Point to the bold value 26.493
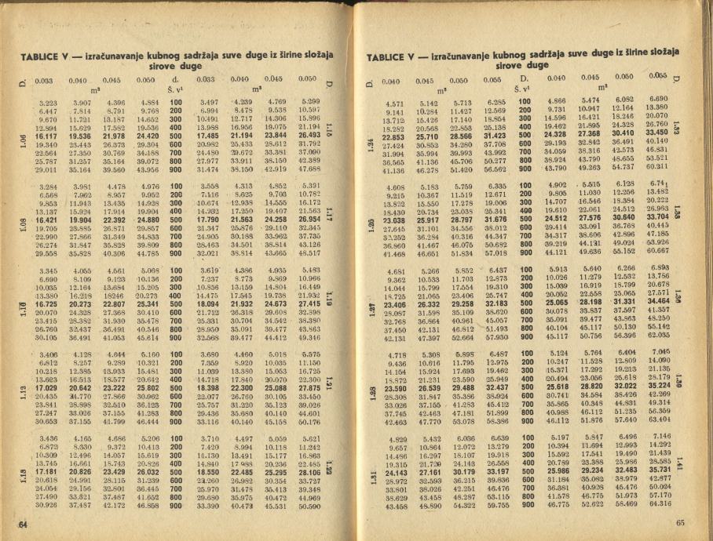pyautogui.click(x=314, y=136)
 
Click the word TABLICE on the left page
pyautogui.click(x=42, y=56)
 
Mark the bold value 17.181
pyautogui.click(x=46, y=473)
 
